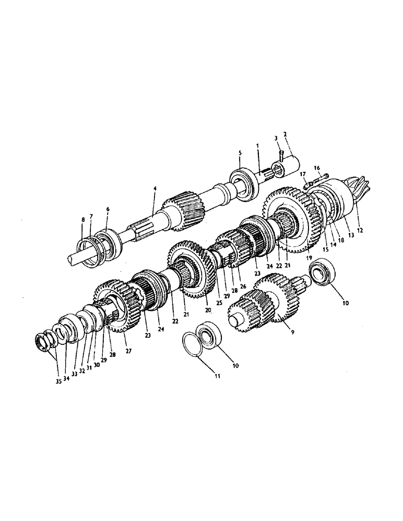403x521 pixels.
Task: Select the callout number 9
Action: (x=293, y=331)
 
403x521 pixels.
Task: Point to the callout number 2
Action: (x=285, y=134)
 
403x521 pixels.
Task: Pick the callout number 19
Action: (x=309, y=257)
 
